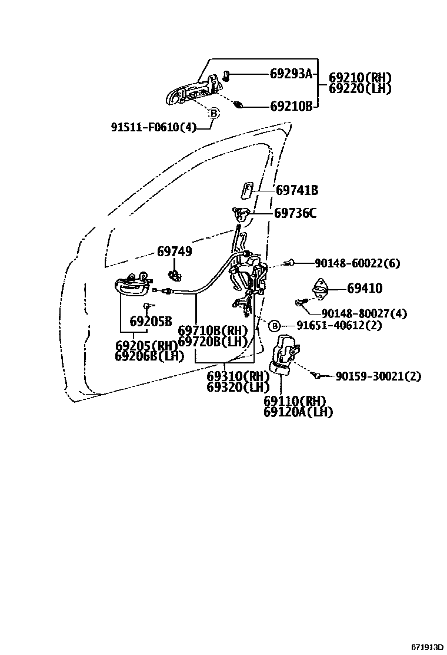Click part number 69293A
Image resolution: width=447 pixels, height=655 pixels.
tap(290, 74)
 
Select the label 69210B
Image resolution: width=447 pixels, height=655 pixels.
tap(291, 107)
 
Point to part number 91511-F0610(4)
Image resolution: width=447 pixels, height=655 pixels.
tap(153, 127)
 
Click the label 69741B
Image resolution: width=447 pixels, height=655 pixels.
tap(297, 190)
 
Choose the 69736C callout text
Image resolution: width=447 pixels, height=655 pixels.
tap(295, 213)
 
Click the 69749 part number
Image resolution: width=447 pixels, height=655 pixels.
tap(174, 252)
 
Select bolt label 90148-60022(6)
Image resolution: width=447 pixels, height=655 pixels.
tap(357, 263)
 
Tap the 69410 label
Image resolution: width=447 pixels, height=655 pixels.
tap(364, 289)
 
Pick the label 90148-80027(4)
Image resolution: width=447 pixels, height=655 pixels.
tap(364, 314)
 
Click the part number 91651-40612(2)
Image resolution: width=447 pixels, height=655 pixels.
tap(339, 325)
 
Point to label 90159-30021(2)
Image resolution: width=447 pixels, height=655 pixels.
tap(378, 376)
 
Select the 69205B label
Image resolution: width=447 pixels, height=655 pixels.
tap(151, 322)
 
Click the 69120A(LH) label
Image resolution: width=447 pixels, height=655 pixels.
tap(298, 412)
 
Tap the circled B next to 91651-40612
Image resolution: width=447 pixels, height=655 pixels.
tap(274, 325)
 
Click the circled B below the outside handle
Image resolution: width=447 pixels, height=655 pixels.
tap(214, 113)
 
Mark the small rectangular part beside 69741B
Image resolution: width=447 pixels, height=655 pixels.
tap(247, 189)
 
